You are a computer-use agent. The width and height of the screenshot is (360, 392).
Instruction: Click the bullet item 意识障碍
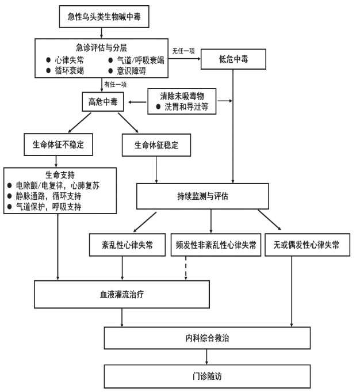click(133, 71)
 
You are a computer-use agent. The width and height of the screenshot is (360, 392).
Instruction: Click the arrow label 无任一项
click(183, 51)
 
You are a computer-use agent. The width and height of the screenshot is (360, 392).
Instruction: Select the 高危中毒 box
click(105, 102)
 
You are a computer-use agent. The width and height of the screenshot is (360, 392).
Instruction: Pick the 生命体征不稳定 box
click(58, 144)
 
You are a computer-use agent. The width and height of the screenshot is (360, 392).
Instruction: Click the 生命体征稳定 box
click(156, 144)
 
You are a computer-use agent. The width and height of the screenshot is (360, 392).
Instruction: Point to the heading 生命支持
click(60, 174)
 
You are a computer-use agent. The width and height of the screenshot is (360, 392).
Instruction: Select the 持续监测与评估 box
click(210, 196)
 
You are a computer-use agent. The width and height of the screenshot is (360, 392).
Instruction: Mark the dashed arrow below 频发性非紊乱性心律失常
click(186, 268)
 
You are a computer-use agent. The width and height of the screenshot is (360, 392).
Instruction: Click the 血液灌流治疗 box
click(121, 294)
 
